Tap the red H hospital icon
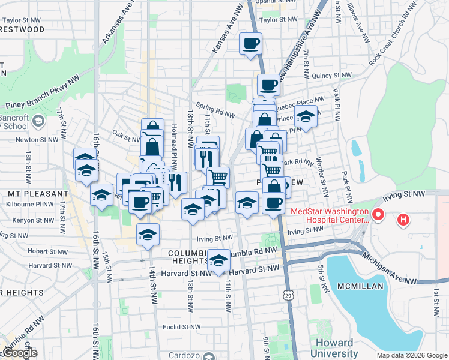(x=403, y=220)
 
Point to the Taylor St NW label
(x=278, y=19)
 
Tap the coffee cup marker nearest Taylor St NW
(x=250, y=43)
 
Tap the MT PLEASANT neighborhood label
(x=38, y=194)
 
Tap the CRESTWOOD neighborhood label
(x=22, y=29)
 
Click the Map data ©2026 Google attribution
(x=411, y=355)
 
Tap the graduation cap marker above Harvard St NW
(x=218, y=260)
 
